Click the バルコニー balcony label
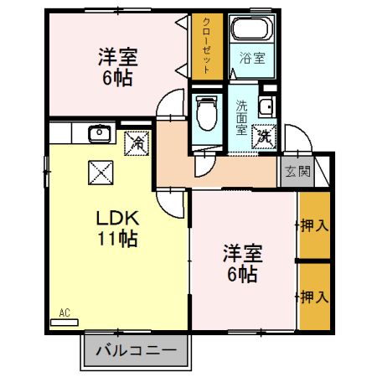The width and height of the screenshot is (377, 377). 134,349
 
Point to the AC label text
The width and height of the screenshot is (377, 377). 65,313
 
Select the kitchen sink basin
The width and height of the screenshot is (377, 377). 100,132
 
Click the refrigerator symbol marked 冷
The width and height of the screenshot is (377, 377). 137,142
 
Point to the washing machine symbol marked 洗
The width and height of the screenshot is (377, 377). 264,135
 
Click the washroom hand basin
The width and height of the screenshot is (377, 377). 266,106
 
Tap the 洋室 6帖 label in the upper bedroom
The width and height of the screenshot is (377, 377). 116,66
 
